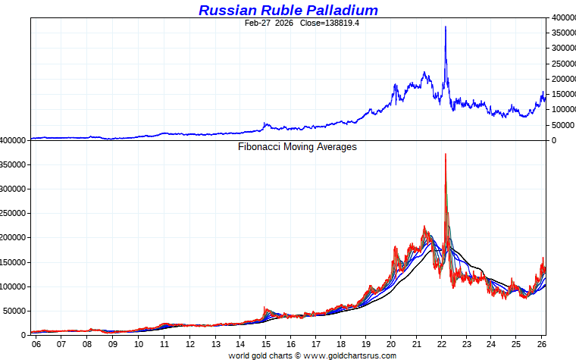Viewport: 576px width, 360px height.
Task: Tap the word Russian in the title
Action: (x=226, y=10)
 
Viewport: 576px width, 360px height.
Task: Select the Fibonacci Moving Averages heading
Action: (x=297, y=147)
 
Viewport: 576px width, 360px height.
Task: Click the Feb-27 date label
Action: (x=258, y=23)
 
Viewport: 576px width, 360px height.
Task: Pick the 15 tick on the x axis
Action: (x=265, y=344)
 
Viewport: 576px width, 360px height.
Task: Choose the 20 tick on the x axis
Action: (x=390, y=344)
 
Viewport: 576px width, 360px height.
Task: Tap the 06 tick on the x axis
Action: (x=36, y=344)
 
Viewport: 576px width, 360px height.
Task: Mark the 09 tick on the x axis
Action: (x=113, y=344)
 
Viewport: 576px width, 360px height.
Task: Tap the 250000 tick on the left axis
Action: (x=15, y=214)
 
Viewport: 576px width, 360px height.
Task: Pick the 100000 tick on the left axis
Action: (x=15, y=286)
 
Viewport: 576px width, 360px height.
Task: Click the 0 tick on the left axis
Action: (x=25, y=335)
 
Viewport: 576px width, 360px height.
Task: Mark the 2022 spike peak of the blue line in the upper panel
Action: (x=445, y=27)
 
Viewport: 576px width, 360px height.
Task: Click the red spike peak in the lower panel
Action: (x=445, y=155)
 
